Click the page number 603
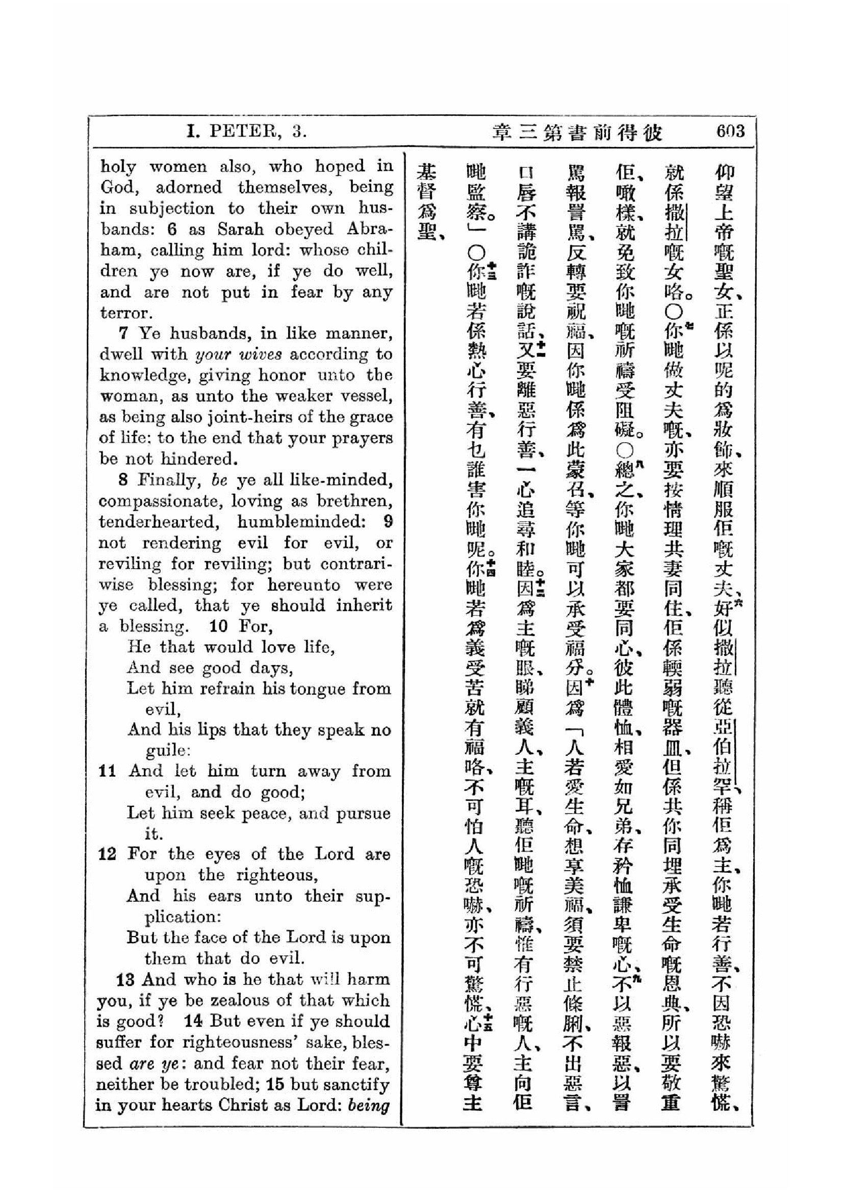pos(730,131)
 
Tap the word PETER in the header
pos(242,132)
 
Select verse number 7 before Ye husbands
pos(123,333)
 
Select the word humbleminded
pos(303,522)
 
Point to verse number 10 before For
pos(218,626)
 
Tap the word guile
pos(167,750)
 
